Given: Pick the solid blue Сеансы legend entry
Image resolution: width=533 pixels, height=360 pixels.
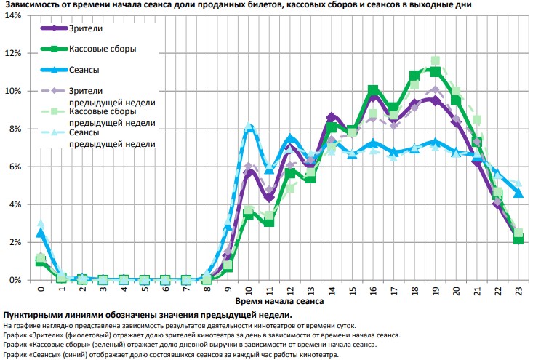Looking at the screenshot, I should tap(85, 70).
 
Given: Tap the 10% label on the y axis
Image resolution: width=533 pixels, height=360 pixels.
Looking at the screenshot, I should tap(12, 91).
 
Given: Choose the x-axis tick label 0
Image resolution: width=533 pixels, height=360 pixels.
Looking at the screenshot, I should tap(41, 289).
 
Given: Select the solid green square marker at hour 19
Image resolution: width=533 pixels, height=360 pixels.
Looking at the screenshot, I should tap(435, 71).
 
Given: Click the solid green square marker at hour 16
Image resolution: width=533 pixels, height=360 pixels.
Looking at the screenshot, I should tap(373, 90).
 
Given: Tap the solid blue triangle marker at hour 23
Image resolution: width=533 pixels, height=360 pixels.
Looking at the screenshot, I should tap(518, 193).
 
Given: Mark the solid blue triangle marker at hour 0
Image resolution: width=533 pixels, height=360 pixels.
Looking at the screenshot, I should tap(41, 233).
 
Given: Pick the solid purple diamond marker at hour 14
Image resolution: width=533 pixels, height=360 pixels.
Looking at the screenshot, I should tap(332, 117).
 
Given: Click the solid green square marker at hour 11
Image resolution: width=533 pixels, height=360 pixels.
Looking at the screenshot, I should tap(269, 222).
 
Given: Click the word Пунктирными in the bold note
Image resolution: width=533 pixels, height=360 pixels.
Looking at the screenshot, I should tap(30, 315).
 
